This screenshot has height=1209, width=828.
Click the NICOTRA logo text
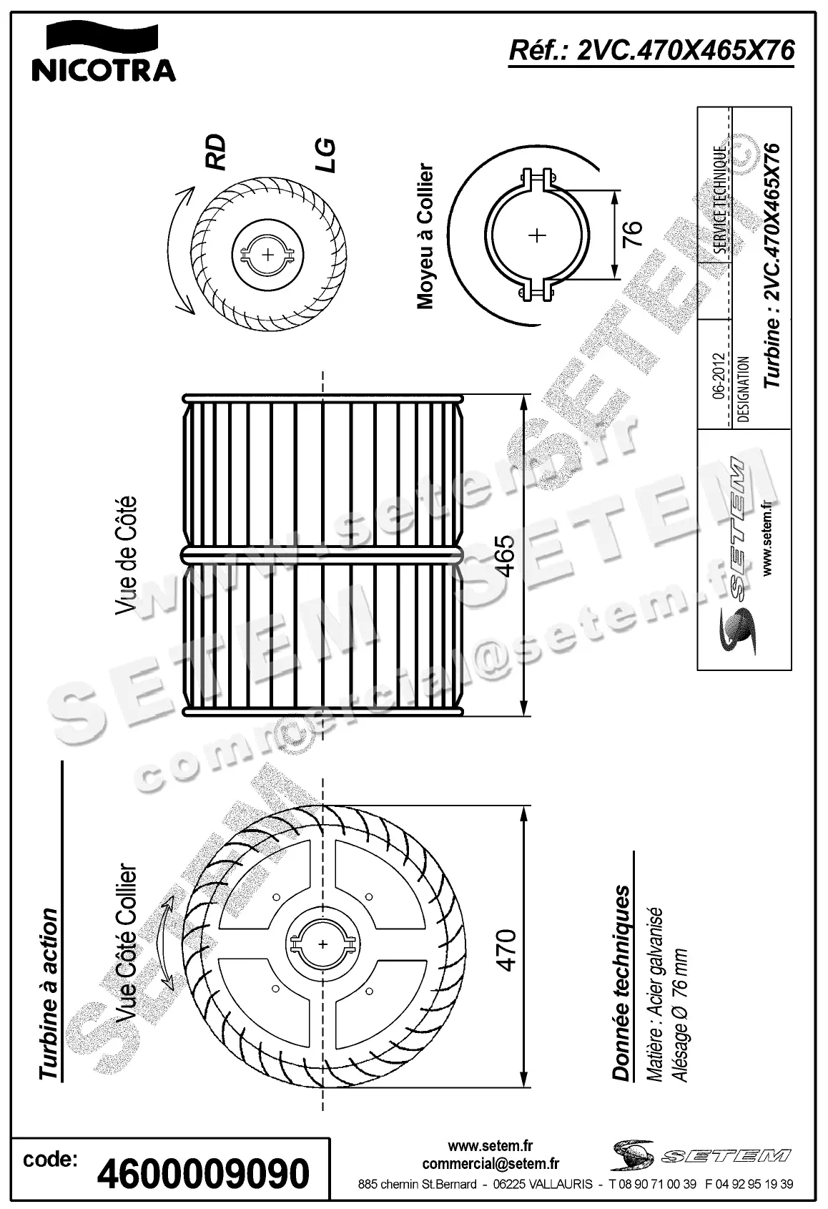(x=104, y=70)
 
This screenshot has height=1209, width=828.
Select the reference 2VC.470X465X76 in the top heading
(x=684, y=51)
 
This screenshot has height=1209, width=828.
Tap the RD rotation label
(x=215, y=152)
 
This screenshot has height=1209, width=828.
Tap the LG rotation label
(x=325, y=155)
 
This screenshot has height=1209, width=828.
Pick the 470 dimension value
(x=506, y=949)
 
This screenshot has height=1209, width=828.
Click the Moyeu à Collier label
(x=426, y=237)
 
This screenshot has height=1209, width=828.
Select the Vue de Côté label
(x=126, y=555)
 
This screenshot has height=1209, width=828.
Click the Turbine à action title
(x=49, y=995)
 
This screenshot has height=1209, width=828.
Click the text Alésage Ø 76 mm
(x=681, y=1016)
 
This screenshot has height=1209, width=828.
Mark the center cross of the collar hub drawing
(x=537, y=235)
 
